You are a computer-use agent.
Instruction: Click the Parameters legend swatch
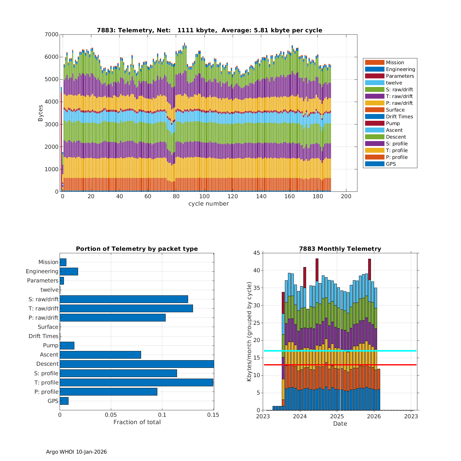(x=375, y=76)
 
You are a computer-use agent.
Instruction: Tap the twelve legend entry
(x=394, y=83)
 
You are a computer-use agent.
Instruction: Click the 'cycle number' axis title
(x=208, y=204)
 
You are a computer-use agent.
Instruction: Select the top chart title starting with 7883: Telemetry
(x=209, y=30)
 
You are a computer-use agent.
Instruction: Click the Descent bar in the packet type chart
(x=137, y=364)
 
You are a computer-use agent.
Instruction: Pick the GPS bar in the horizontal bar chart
(x=64, y=401)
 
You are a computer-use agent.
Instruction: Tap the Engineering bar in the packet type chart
(x=69, y=271)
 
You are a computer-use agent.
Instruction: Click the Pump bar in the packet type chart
(x=67, y=345)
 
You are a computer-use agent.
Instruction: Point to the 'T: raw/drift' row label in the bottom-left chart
(x=43, y=308)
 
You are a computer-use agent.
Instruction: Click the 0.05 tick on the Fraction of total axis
(x=111, y=415)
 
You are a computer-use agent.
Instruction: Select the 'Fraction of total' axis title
(x=137, y=422)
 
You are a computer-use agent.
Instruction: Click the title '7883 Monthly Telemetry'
(x=340, y=249)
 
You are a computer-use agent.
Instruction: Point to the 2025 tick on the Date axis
(x=337, y=416)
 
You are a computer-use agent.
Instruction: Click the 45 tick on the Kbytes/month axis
(x=256, y=253)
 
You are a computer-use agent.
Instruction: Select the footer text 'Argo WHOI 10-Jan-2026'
(x=76, y=452)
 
